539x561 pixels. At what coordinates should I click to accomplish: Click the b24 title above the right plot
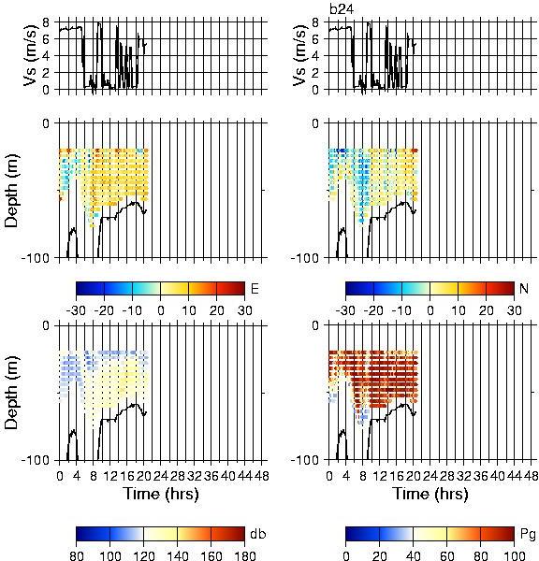[x=342, y=9]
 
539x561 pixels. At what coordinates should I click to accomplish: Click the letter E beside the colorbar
[x=255, y=288]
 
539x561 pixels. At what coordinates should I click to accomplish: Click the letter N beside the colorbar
[x=524, y=288]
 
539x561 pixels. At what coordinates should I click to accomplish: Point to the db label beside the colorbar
[x=258, y=534]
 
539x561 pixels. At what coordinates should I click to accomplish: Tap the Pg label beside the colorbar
[x=528, y=535]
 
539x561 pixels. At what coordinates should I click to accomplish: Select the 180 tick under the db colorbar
[x=244, y=555]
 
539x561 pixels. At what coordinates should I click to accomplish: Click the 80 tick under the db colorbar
[x=77, y=555]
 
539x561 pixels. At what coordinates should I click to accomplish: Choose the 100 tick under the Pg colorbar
[x=514, y=555]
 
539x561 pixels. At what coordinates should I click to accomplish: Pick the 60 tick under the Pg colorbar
[x=447, y=555]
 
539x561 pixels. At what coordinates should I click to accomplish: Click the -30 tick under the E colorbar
[x=76, y=310]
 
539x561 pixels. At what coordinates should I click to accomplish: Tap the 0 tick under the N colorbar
[x=430, y=310]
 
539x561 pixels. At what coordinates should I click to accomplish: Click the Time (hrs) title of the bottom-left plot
[x=161, y=494]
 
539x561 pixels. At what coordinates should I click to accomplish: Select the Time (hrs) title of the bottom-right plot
[x=430, y=494]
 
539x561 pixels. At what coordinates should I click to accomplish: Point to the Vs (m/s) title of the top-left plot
[x=31, y=55]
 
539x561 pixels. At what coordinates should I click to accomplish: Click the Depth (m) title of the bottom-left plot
[x=11, y=393]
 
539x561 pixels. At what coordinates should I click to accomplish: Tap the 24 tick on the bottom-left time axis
[x=160, y=476]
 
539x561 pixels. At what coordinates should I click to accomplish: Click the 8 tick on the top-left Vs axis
[x=46, y=22]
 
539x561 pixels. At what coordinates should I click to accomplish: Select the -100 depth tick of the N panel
[x=304, y=258]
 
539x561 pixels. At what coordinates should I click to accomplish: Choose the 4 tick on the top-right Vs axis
[x=315, y=56]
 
